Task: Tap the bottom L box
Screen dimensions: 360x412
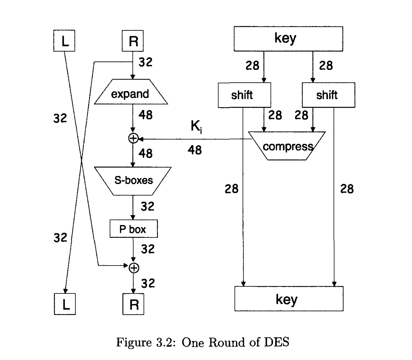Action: (x=64, y=304)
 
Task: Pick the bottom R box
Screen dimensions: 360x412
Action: (x=133, y=304)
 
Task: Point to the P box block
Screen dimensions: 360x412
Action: (x=133, y=229)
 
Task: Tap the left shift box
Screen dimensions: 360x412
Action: (x=244, y=95)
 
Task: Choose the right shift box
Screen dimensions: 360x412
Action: (x=328, y=95)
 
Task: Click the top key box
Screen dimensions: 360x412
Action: (x=288, y=39)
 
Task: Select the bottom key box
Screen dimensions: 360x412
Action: (x=288, y=299)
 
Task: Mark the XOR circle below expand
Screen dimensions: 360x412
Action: (x=133, y=138)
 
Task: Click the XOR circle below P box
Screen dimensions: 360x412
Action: (x=134, y=268)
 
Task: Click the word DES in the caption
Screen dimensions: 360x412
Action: (x=281, y=344)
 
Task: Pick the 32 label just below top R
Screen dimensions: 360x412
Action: (x=146, y=62)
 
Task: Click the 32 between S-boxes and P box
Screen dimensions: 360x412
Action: (x=147, y=207)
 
